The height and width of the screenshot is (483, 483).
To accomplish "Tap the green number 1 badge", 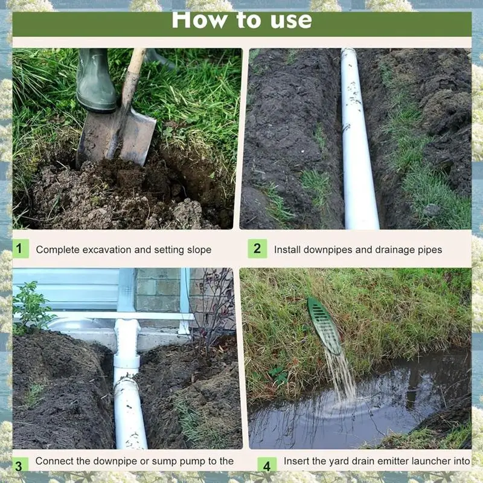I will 20,248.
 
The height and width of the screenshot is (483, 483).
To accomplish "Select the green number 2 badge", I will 257,248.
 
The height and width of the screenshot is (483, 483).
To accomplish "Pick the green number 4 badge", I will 267,465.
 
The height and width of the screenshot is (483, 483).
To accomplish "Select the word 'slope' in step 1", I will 198,249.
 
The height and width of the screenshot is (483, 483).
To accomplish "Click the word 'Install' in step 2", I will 286,249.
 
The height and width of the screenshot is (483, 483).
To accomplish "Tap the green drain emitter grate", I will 325,325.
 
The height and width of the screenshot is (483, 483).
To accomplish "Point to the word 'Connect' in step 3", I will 54,461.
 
